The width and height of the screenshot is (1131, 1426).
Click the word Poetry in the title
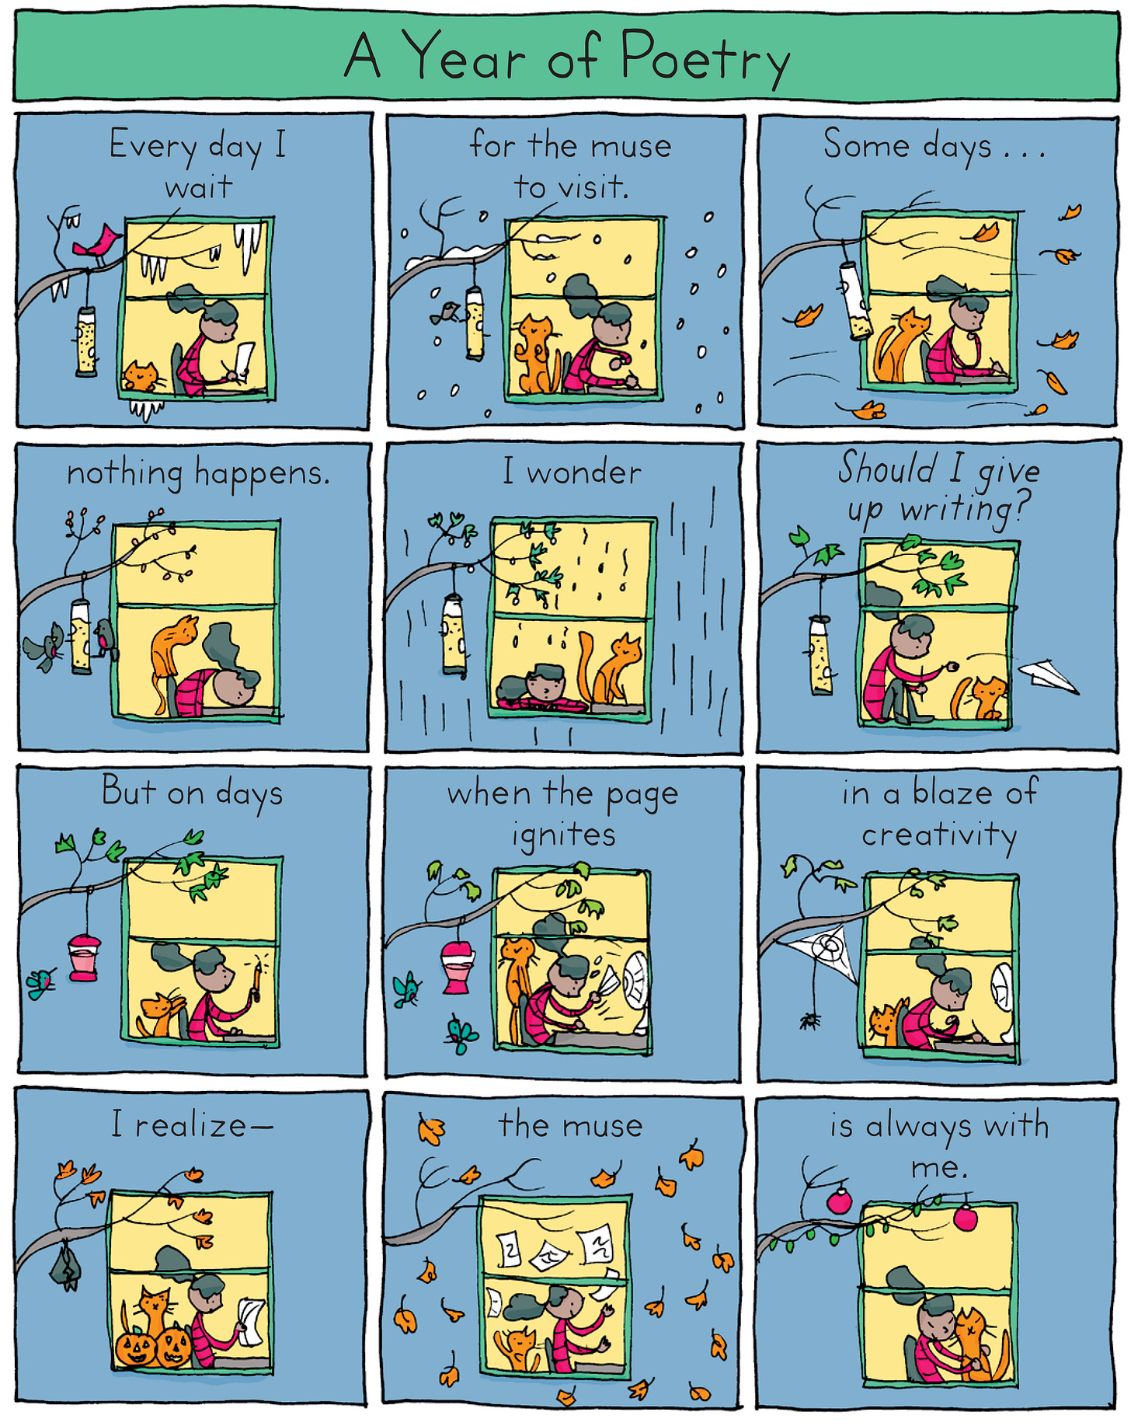point(705,56)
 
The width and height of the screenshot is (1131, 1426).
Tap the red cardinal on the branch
point(97,242)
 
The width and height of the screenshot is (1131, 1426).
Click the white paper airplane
point(1048,675)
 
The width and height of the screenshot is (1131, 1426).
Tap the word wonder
point(584,472)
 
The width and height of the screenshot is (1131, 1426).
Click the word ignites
point(564,835)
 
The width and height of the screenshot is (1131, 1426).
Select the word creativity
point(939,835)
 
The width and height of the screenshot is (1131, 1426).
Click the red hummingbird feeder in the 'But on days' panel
point(83,957)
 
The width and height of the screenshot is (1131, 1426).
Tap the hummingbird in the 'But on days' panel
point(41,983)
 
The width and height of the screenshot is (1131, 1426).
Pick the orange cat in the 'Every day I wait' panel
point(142,377)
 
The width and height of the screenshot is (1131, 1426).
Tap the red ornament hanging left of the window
point(840,1201)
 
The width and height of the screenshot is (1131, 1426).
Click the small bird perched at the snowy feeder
point(444,314)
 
